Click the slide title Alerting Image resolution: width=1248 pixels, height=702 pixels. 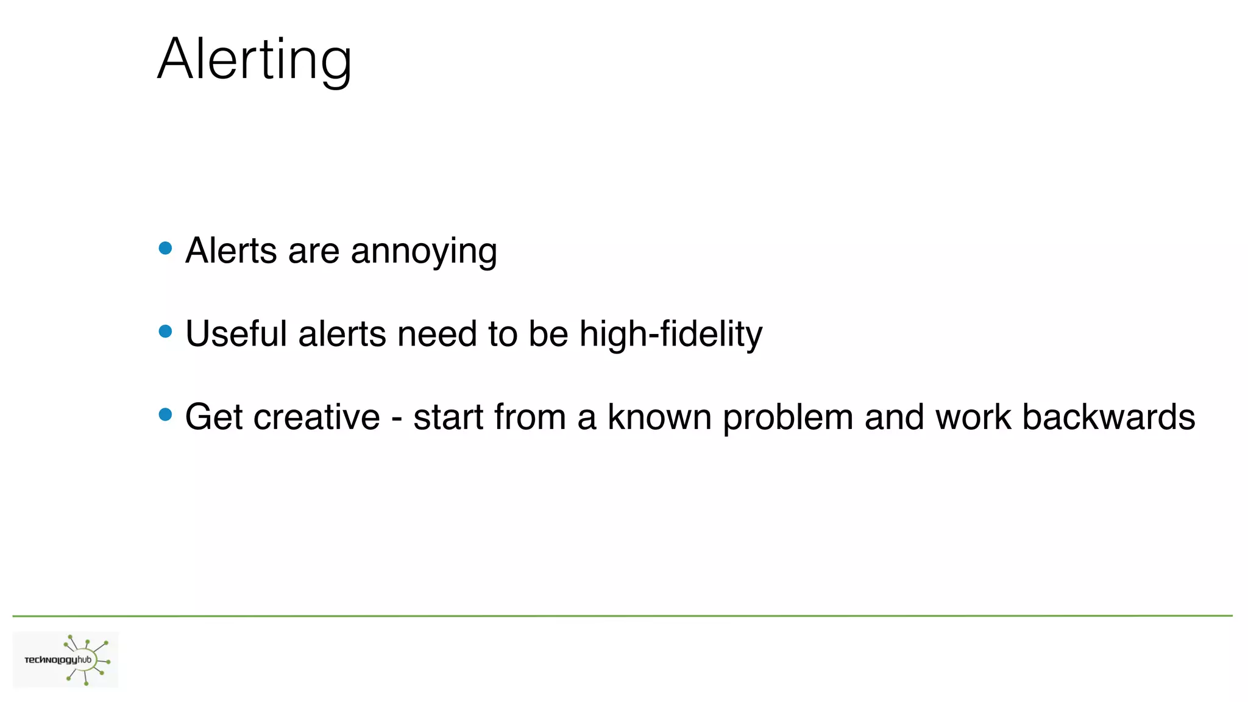(255, 59)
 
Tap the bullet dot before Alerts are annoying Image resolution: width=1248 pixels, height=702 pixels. (165, 248)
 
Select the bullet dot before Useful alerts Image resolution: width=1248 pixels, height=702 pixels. (165, 331)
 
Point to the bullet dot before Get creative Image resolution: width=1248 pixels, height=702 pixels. (165, 415)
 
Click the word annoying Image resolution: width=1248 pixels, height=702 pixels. (424, 252)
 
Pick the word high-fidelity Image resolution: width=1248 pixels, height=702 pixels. (670, 334)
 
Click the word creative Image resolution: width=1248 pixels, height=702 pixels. (316, 417)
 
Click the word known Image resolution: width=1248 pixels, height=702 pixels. (659, 417)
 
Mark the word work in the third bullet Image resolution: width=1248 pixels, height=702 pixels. (973, 417)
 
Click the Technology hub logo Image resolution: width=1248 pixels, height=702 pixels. (66, 660)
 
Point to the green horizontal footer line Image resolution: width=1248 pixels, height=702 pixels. (622, 616)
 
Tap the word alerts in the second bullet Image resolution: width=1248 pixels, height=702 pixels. (342, 334)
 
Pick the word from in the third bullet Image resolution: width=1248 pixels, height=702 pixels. (530, 417)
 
